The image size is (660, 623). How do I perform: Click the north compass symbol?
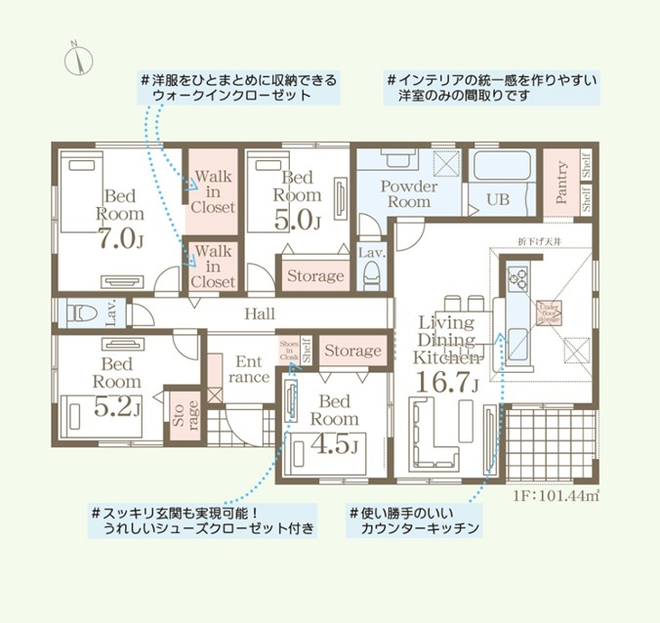point(76,59)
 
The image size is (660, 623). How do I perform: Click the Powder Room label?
point(408,193)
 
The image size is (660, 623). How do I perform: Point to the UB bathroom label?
point(498,200)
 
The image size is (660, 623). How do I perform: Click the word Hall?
point(260,313)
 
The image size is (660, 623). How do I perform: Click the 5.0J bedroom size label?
point(298,220)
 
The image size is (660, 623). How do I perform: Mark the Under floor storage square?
point(547,311)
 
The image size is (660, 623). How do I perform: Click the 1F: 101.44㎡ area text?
point(556,495)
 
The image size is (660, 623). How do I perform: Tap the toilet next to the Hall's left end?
point(83,313)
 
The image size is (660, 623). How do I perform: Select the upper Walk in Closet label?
point(213,191)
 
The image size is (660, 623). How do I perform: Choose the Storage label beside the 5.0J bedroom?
point(315,276)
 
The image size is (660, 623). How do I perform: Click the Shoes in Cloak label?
point(289,352)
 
